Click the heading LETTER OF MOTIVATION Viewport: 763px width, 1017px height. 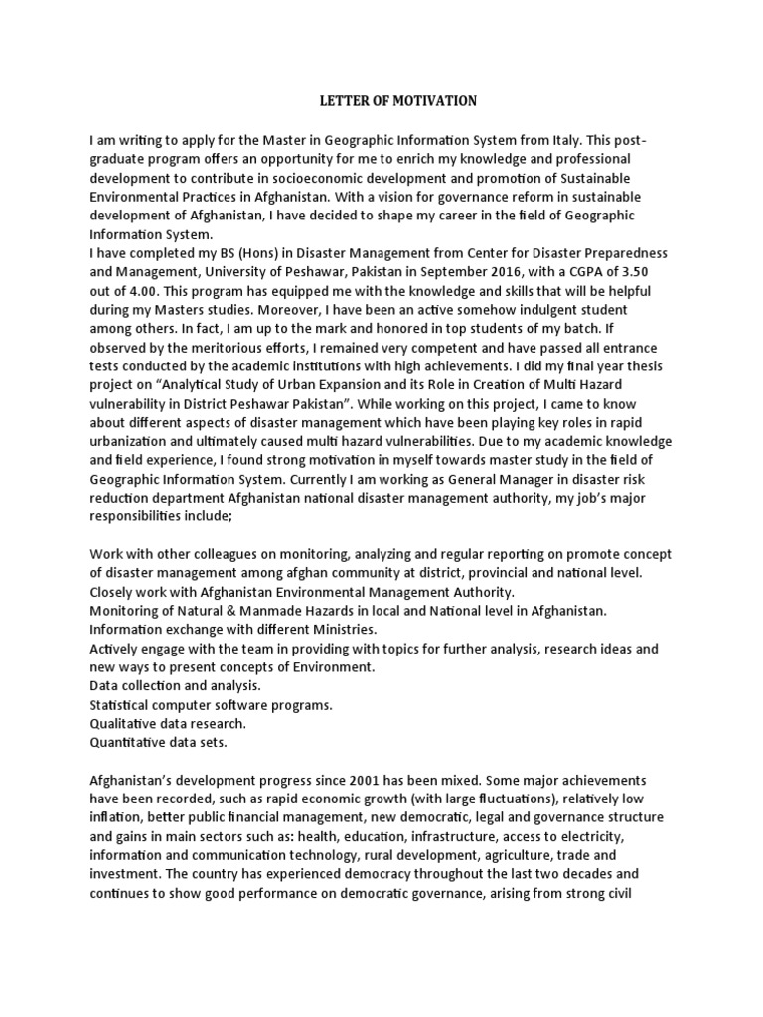coord(381,101)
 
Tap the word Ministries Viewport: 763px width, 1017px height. coord(328,630)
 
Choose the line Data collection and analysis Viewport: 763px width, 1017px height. coord(175,686)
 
